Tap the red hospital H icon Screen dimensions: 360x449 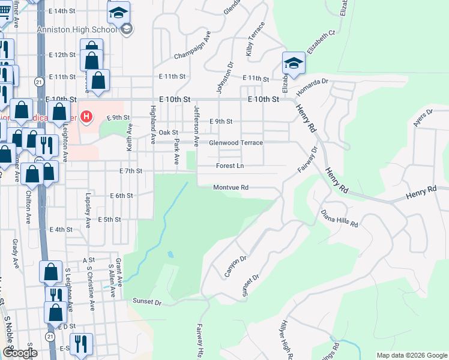tap(86, 116)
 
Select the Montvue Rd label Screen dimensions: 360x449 tap(231, 187)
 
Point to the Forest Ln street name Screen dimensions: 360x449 tap(230, 166)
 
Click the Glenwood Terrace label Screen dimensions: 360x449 tap(235, 143)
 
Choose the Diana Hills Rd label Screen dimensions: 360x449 tap(339, 218)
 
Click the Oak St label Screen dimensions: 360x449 tap(169, 132)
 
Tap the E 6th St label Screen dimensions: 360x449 tap(121, 196)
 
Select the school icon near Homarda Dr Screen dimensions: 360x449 tap(293, 62)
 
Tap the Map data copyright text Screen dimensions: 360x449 tap(411, 355)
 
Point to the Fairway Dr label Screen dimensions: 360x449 tap(307, 161)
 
